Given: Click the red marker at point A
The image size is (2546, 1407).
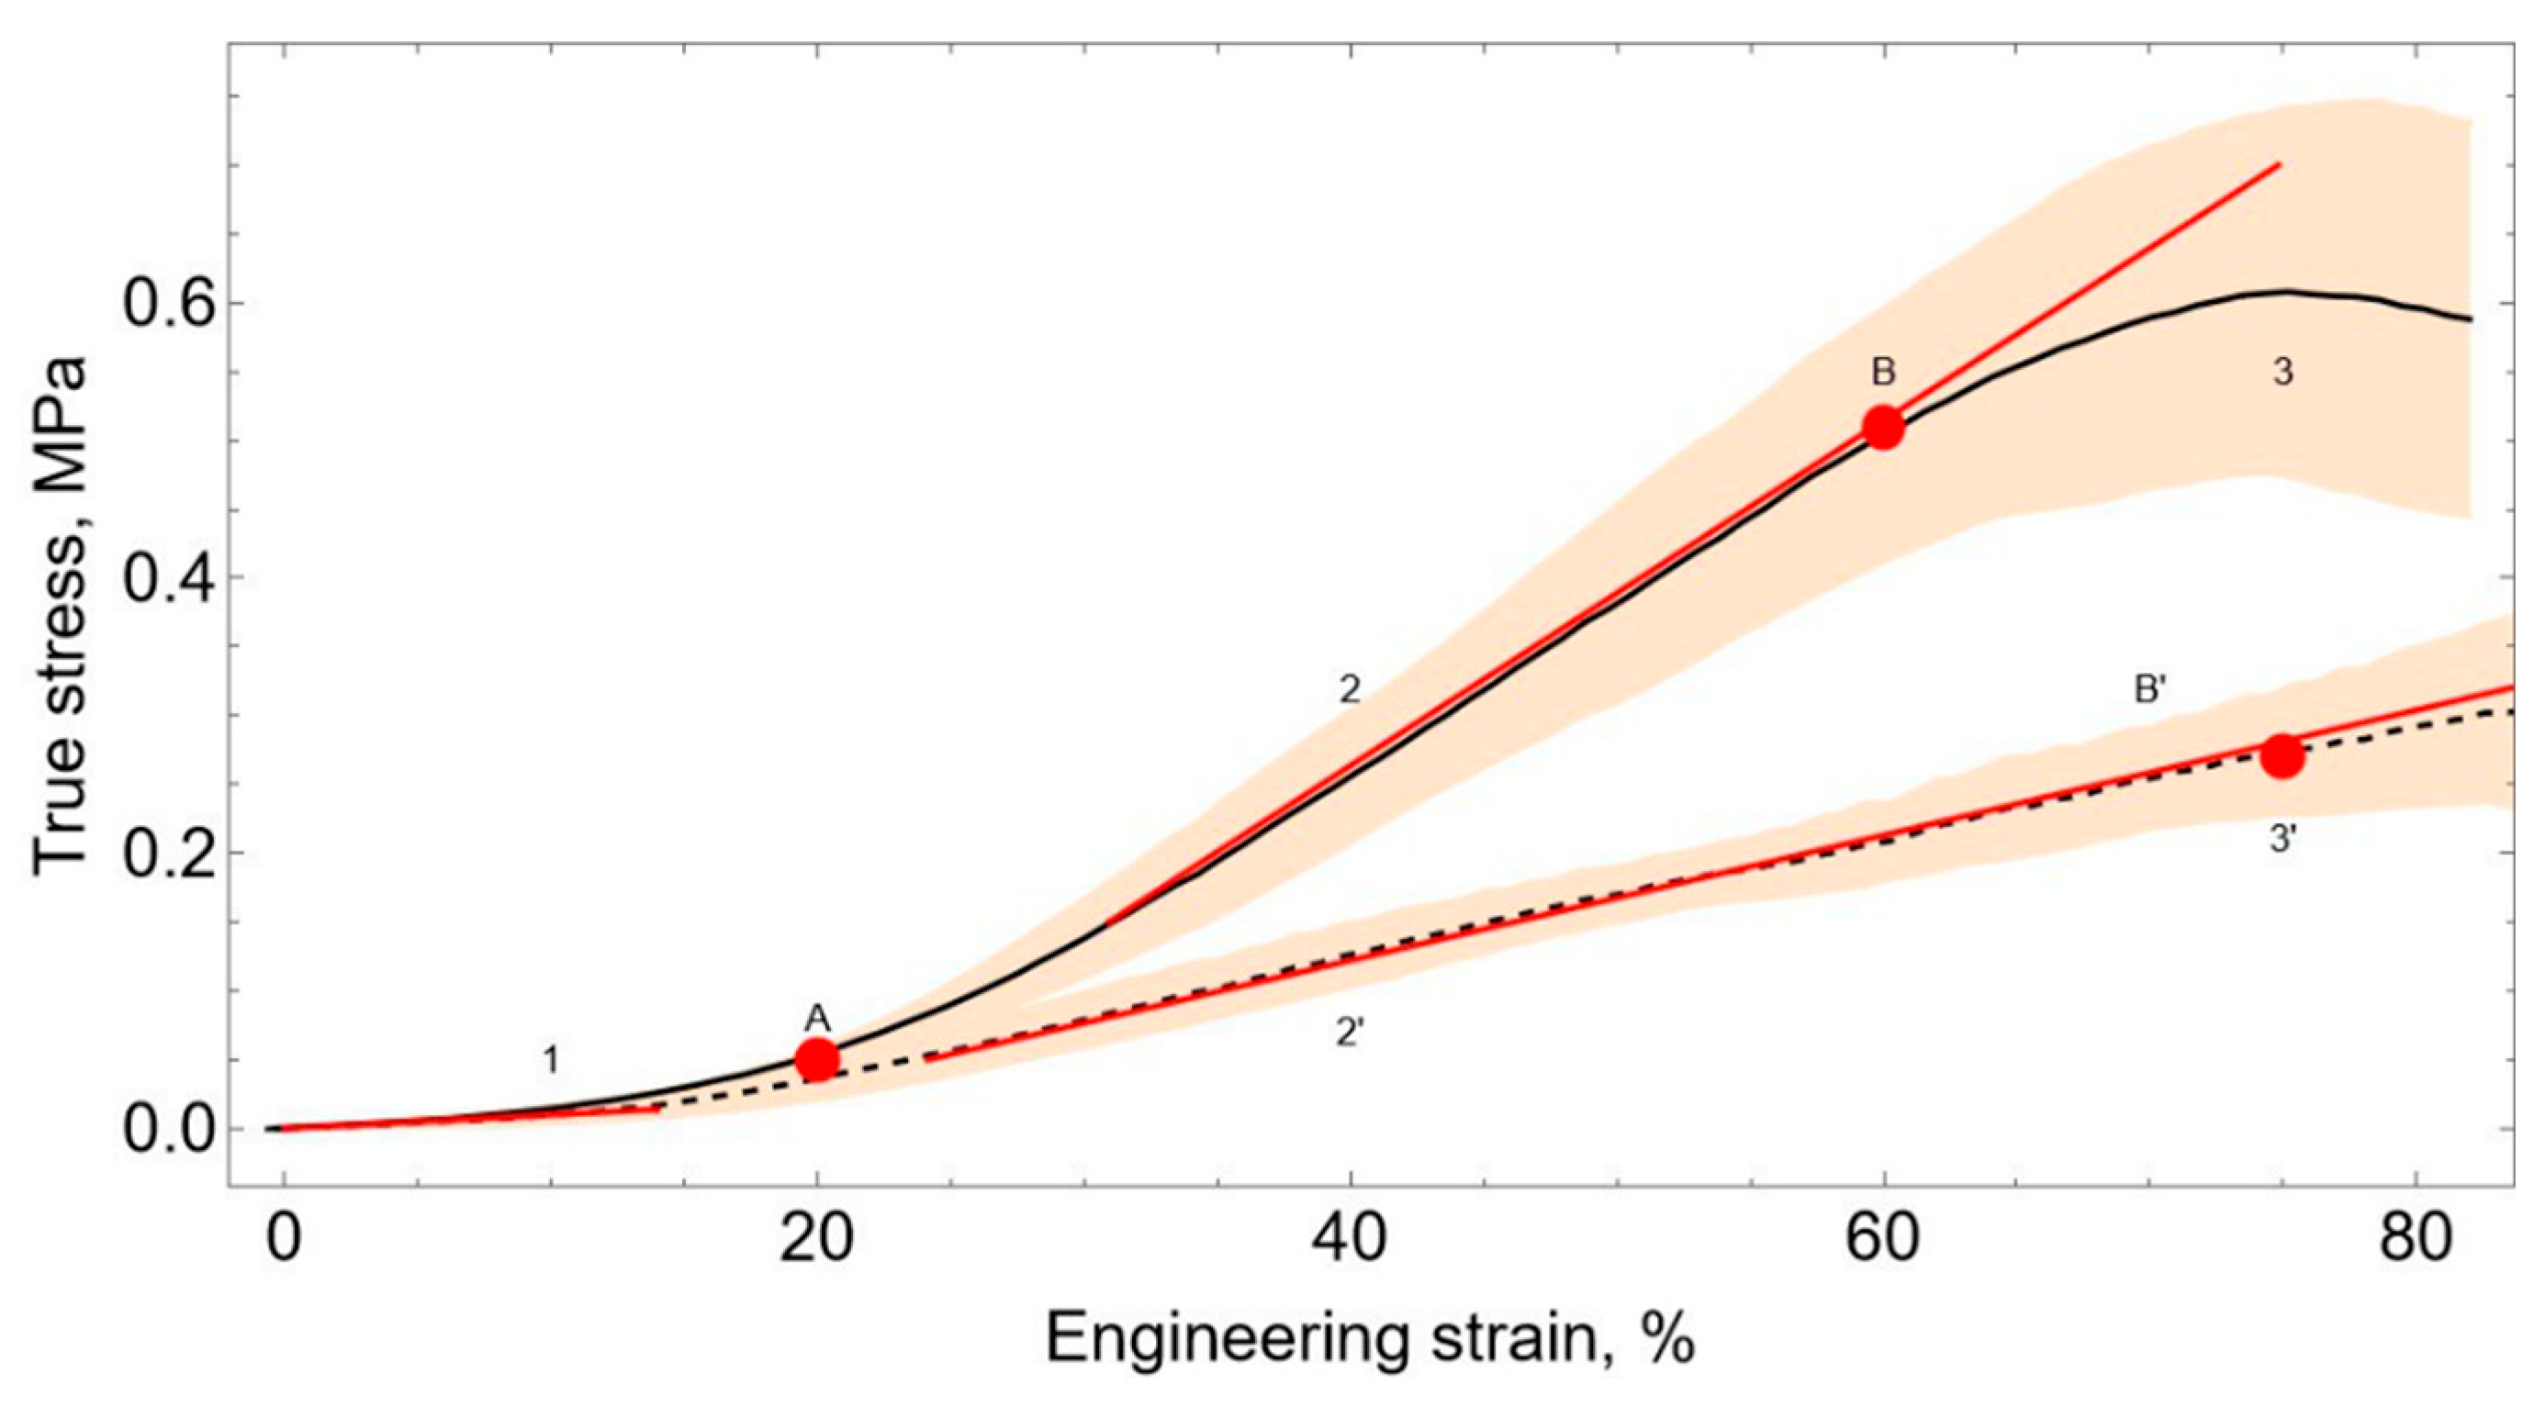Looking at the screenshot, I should (817, 1058).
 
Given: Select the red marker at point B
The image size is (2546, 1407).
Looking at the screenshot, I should (1883, 427).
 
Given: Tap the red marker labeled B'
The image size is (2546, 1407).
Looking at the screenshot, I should (2283, 756).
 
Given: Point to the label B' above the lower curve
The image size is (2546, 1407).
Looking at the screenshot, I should (2151, 689).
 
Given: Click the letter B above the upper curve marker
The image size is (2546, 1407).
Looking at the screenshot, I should (1883, 373).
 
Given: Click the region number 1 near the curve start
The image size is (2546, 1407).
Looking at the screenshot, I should (552, 1061).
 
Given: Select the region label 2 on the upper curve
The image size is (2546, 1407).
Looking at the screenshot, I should (1349, 689).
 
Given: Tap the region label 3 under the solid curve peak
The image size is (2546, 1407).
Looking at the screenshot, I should (2282, 373).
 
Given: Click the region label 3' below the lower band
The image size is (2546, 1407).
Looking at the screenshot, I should (2283, 840).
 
